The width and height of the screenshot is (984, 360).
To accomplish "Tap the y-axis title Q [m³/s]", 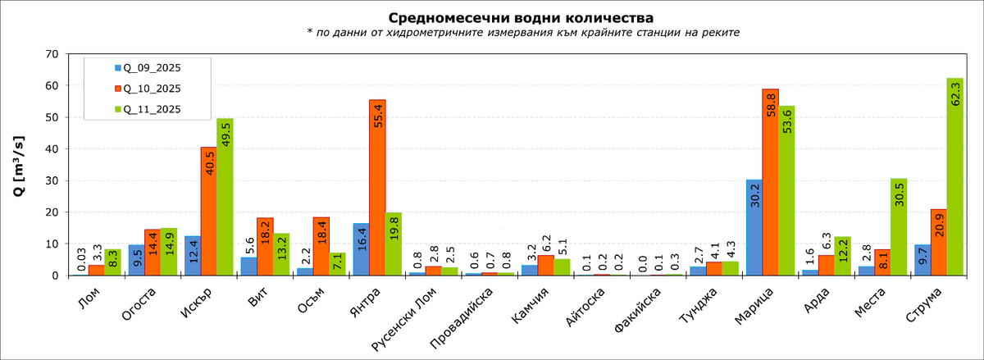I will (18, 164).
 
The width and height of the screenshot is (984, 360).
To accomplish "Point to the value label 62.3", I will (954, 93).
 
